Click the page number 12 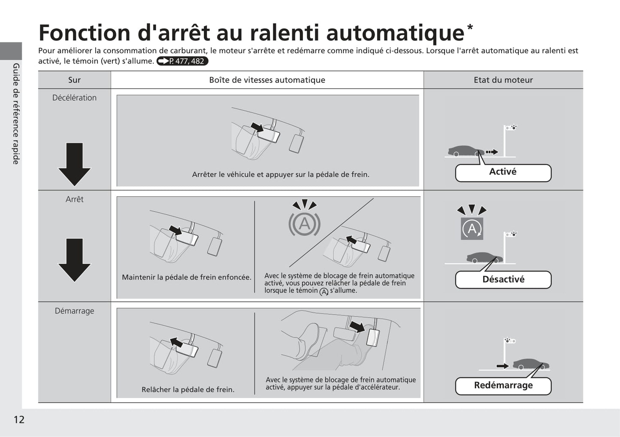click(19, 419)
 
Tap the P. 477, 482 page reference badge click(182, 61)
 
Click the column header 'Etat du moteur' click(503, 80)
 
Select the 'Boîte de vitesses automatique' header click(267, 80)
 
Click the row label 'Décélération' click(75, 98)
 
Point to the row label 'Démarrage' click(75, 311)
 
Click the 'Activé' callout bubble click(503, 173)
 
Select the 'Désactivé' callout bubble click(503, 280)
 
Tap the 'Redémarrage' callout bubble click(503, 386)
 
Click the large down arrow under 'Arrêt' click(75, 260)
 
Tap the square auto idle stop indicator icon click(472, 229)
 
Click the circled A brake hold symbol click(305, 223)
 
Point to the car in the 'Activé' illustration click(466, 151)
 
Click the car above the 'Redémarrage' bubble click(531, 364)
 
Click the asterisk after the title click(470, 28)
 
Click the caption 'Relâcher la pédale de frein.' click(188, 389)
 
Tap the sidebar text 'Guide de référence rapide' click(16, 114)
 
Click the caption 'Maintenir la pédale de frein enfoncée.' click(187, 277)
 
